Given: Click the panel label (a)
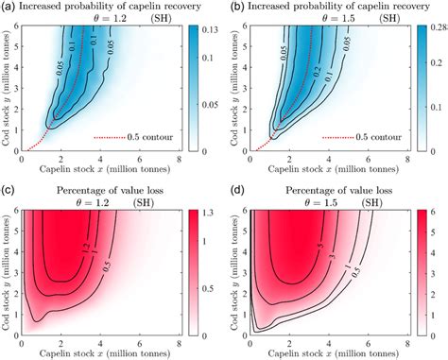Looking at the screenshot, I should pyautogui.click(x=9, y=7).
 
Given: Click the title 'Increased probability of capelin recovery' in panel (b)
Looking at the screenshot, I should pyautogui.click(x=333, y=7).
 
